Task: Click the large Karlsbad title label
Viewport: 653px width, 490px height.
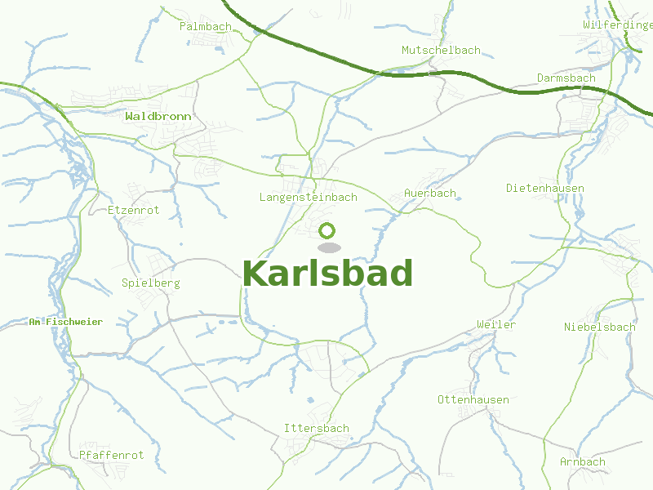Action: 327,274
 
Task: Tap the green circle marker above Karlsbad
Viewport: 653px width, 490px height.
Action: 327,231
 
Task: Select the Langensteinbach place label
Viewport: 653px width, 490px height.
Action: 309,198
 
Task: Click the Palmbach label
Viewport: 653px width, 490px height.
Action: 205,26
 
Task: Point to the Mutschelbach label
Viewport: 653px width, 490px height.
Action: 441,51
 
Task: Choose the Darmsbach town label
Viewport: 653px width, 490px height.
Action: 566,78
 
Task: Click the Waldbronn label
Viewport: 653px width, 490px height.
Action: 158,117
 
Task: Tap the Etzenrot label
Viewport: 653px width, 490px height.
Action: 134,210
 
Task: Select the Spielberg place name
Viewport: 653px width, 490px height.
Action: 150,283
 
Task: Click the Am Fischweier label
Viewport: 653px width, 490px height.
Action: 65,322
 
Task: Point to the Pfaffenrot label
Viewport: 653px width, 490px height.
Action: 112,455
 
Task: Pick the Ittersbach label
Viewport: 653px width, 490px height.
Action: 316,428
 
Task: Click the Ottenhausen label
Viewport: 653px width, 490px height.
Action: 473,399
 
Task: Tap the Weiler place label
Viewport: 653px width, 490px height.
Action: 496,325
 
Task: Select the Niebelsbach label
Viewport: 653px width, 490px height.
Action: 599,327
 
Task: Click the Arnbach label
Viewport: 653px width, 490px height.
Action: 583,461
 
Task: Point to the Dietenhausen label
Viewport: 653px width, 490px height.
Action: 545,188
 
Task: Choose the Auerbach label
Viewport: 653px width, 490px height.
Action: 430,194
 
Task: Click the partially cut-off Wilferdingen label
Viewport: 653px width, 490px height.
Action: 618,25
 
